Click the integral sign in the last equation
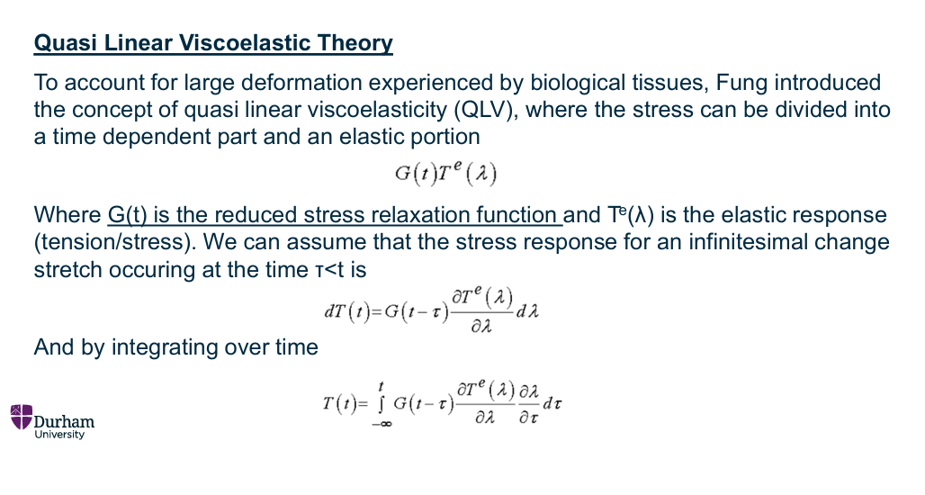[382, 402]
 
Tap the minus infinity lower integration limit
[382, 425]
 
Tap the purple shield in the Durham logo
[21, 416]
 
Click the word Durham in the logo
[64, 421]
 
